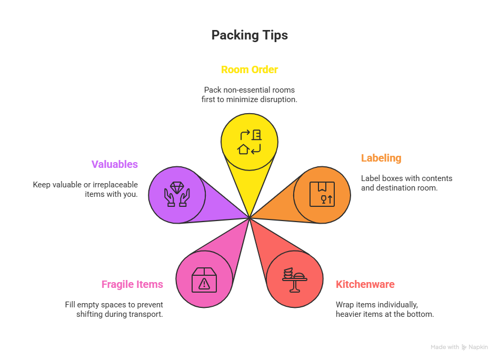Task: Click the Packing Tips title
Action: (x=249, y=35)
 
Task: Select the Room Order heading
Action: (x=249, y=69)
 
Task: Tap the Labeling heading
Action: (x=381, y=158)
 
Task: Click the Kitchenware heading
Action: (x=365, y=284)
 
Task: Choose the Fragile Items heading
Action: (x=132, y=284)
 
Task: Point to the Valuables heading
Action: (x=115, y=164)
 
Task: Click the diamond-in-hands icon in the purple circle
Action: (x=177, y=194)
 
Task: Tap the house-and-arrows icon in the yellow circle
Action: (x=249, y=142)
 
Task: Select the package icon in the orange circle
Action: (x=322, y=194)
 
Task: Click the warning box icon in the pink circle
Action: (x=204, y=279)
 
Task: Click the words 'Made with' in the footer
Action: (x=445, y=347)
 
